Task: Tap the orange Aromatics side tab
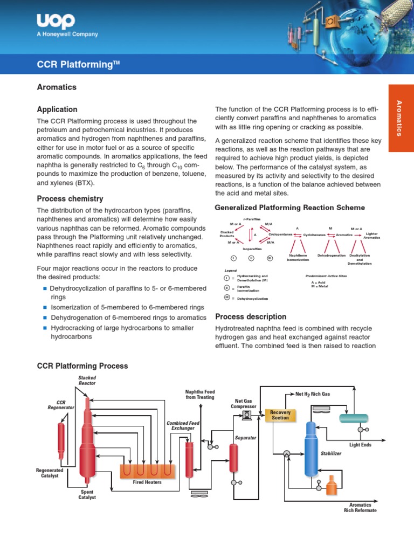click(401, 118)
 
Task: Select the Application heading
click(57, 109)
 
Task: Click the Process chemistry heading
click(70, 198)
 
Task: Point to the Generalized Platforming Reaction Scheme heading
click(289, 208)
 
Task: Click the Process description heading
click(251, 316)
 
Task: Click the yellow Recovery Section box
click(280, 415)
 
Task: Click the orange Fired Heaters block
click(147, 470)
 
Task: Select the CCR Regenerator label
click(60, 405)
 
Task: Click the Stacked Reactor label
click(87, 380)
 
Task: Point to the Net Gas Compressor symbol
click(247, 415)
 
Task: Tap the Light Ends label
click(360, 445)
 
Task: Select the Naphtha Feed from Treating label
click(199, 394)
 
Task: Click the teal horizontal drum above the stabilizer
click(354, 418)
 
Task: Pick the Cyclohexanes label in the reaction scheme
click(314, 235)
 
